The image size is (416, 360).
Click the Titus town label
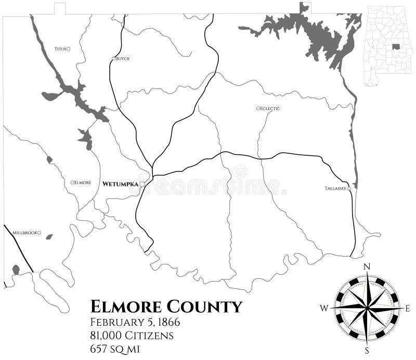(x=60, y=49)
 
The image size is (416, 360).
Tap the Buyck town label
(x=123, y=59)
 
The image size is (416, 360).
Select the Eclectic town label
(x=270, y=108)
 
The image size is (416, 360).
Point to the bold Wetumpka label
(x=121, y=184)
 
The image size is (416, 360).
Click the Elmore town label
(x=83, y=182)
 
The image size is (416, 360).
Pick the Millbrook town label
(x=24, y=233)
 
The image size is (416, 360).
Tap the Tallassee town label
(x=335, y=188)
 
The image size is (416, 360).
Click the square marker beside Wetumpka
(x=142, y=184)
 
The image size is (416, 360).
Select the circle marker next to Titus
(x=69, y=49)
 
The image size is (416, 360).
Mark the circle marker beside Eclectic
(x=257, y=108)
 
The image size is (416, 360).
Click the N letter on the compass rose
(x=367, y=266)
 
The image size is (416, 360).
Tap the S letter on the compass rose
(x=367, y=349)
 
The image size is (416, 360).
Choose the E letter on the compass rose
(x=408, y=308)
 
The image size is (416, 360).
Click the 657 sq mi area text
(x=117, y=349)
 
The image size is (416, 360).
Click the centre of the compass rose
(x=367, y=308)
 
